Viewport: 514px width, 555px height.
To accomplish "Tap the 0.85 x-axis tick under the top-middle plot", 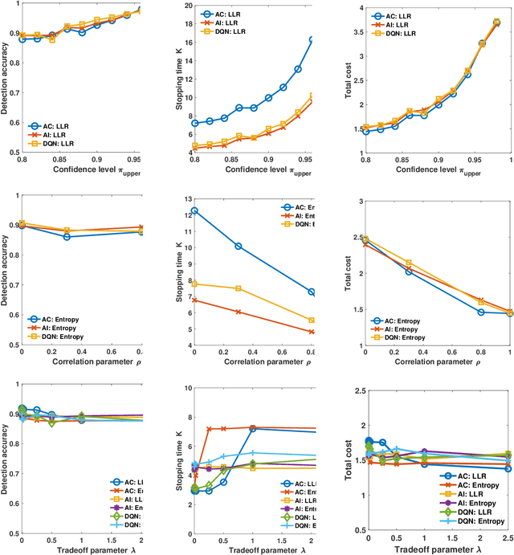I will point(239,162).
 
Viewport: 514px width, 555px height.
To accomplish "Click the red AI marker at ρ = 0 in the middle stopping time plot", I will point(194,300).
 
